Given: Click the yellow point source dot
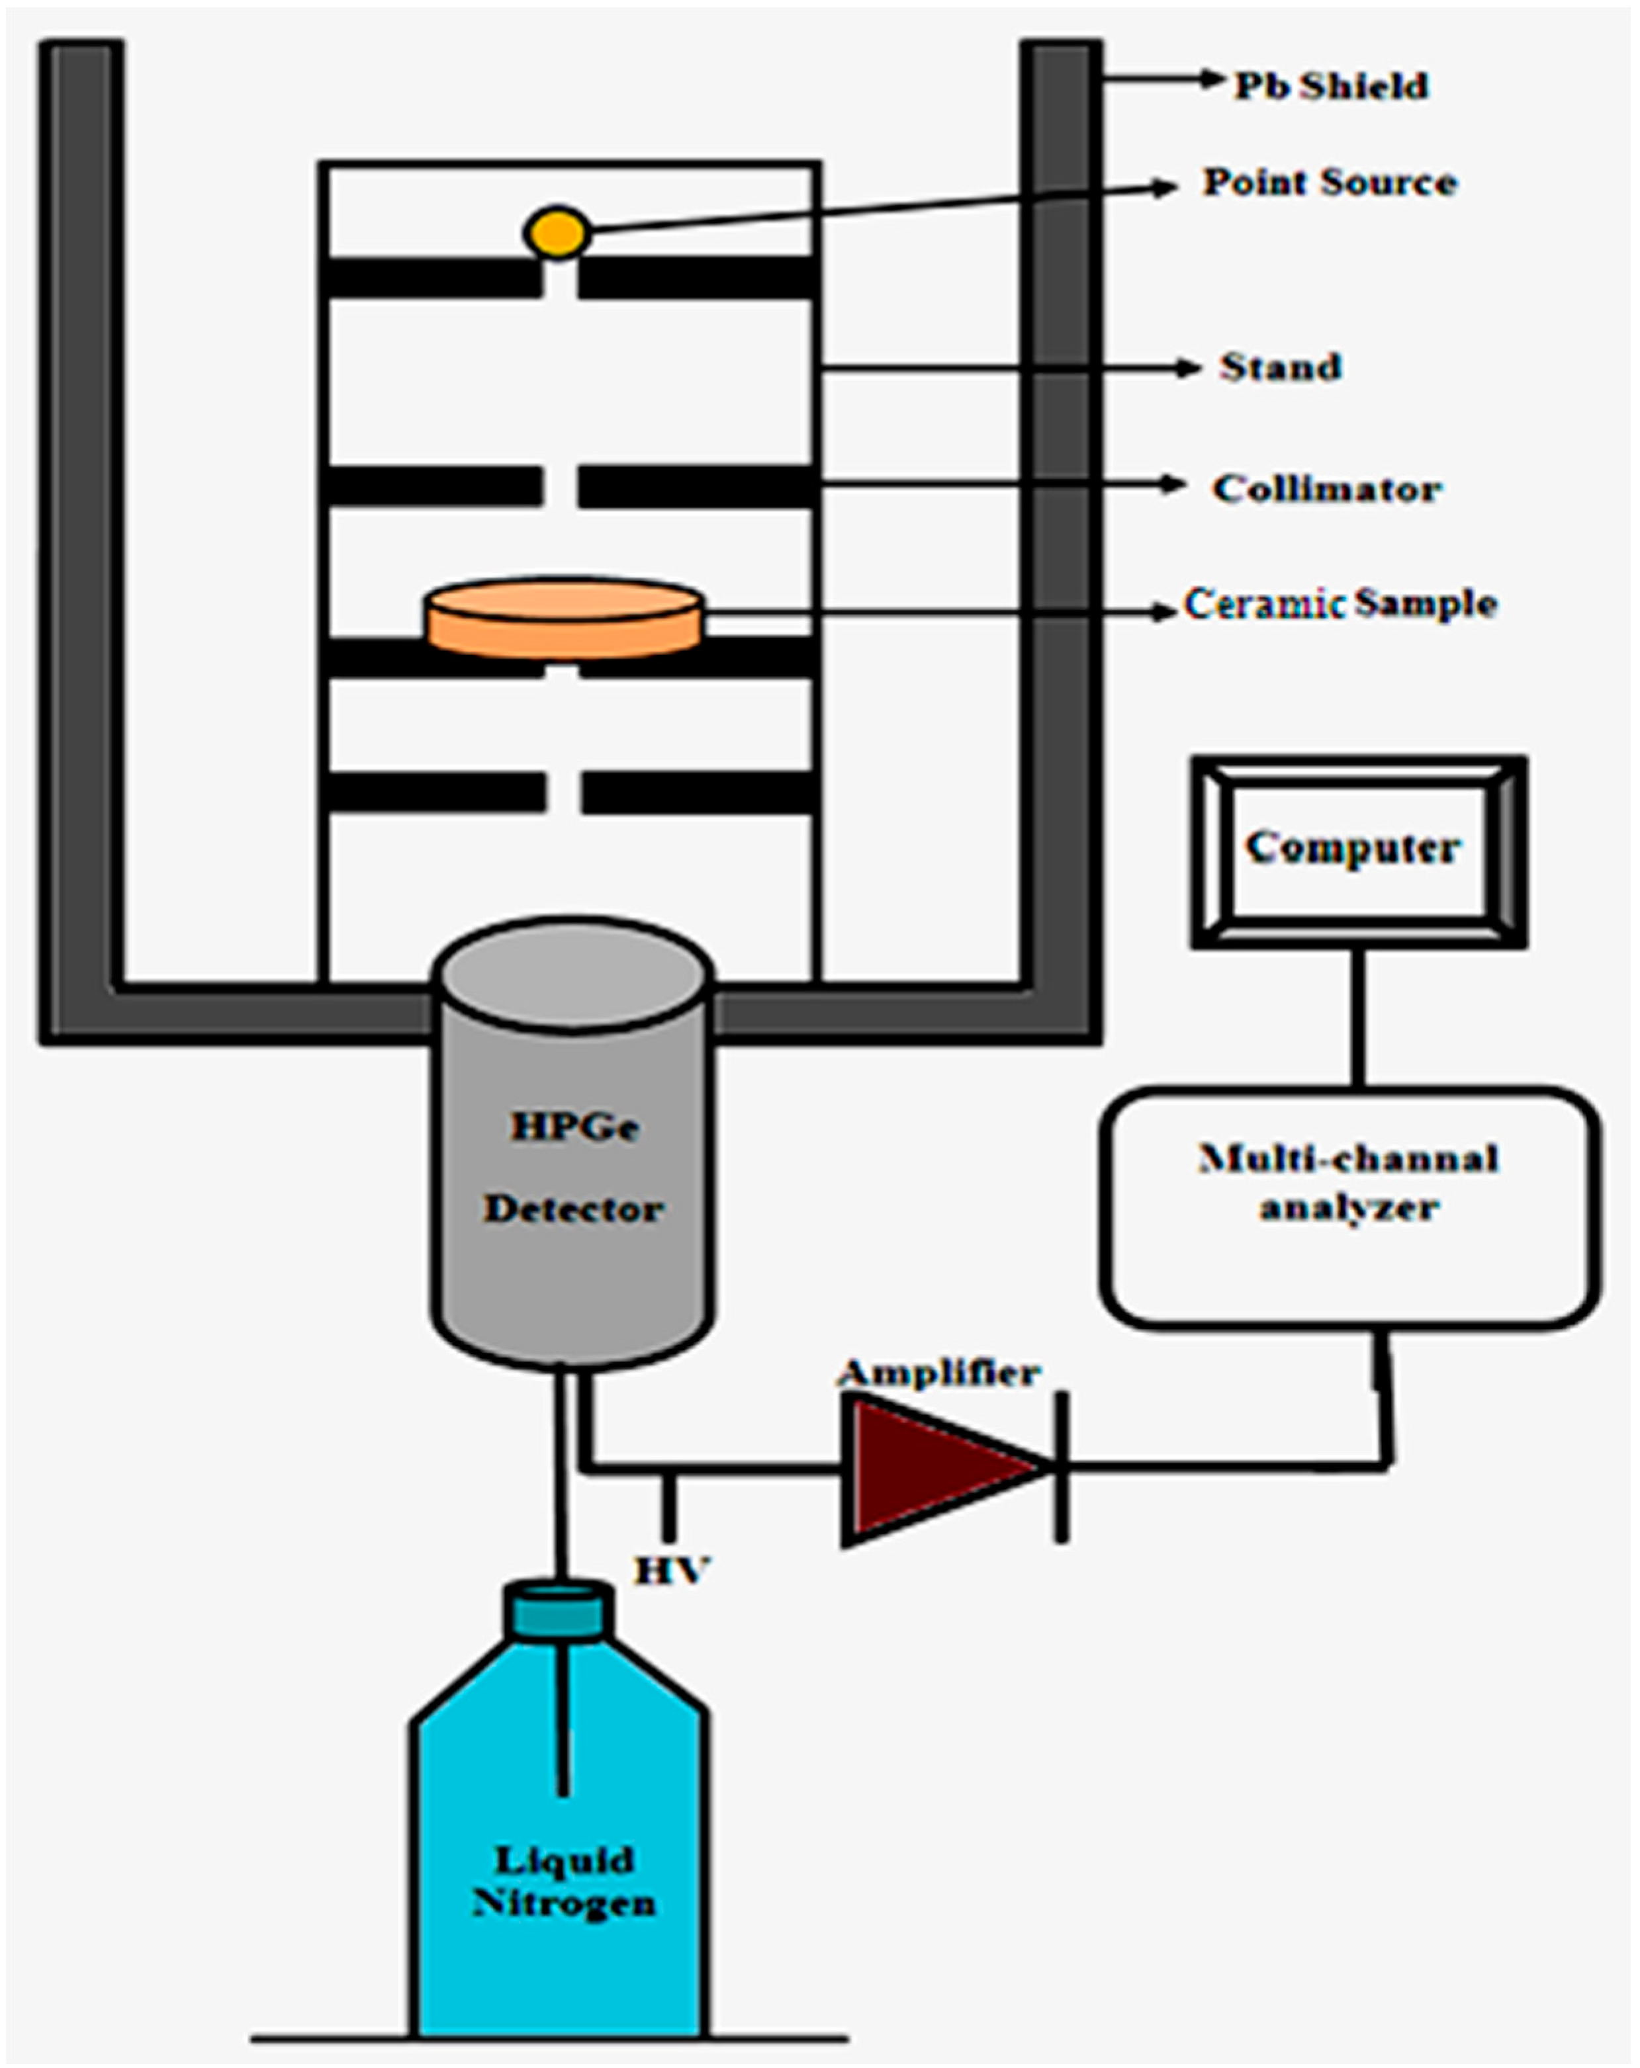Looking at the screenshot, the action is point(557,232).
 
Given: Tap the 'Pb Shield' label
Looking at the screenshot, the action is point(1331,86).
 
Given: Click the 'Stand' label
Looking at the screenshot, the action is point(1280,366).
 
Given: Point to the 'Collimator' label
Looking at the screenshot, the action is point(1326,488).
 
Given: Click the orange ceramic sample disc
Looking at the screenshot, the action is point(565,619).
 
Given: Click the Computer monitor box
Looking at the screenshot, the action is point(1359,853).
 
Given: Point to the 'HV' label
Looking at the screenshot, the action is point(671,1570).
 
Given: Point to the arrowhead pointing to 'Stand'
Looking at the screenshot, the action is point(1188,367).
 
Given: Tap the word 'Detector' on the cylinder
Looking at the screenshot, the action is point(573,1209).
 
